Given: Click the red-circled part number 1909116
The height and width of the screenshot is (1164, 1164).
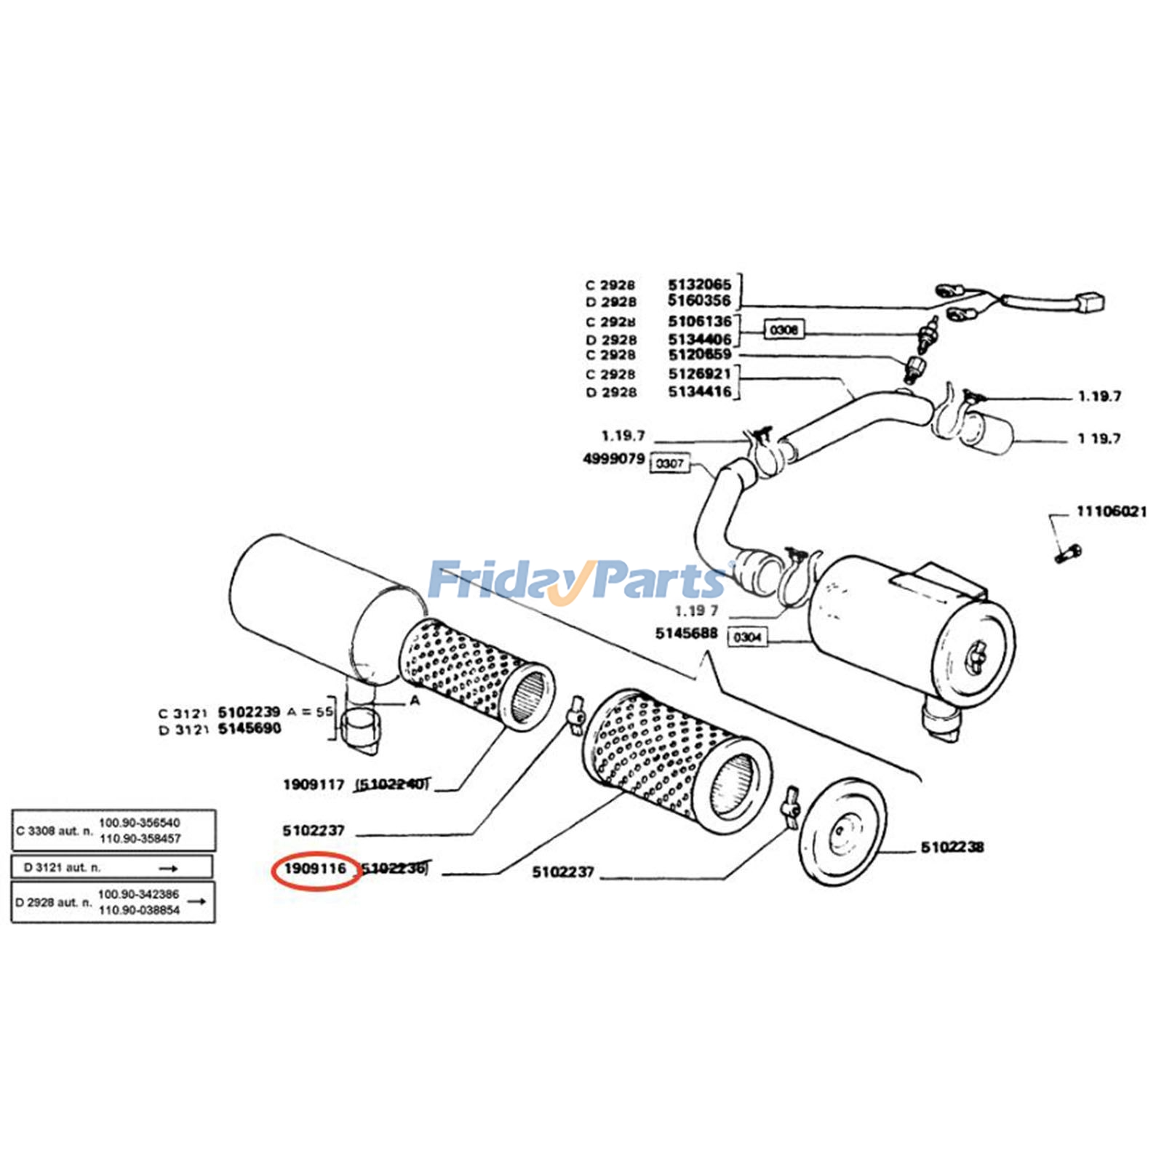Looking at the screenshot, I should pyautogui.click(x=315, y=869).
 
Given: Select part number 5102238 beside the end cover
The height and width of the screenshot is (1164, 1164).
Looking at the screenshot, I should pyautogui.click(x=952, y=847).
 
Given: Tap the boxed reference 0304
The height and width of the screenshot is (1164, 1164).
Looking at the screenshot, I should pyautogui.click(x=747, y=637).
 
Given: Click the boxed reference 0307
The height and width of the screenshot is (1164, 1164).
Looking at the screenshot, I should pyautogui.click(x=669, y=463).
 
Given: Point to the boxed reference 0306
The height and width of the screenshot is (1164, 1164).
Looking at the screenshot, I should pyautogui.click(x=784, y=330).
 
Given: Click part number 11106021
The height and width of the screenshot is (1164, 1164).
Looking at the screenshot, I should pyautogui.click(x=1111, y=511).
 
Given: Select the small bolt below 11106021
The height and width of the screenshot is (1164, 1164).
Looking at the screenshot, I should pyautogui.click(x=1067, y=553).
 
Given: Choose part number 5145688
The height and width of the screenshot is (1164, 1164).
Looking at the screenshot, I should pyautogui.click(x=686, y=633).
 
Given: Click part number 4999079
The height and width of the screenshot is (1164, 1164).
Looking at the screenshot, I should pyautogui.click(x=613, y=459).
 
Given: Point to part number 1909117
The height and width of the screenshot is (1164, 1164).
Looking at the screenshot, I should pyautogui.click(x=314, y=784).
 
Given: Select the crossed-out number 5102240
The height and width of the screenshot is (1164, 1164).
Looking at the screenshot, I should pyautogui.click(x=392, y=784).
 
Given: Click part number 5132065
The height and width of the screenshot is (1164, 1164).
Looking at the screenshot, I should pyautogui.click(x=699, y=284).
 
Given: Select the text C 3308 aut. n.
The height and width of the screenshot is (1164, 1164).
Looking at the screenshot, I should pyautogui.click(x=55, y=830).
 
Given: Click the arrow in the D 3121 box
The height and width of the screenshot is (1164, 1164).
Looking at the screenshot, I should pyautogui.click(x=169, y=868).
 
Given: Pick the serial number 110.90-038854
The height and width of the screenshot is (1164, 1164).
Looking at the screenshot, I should pyautogui.click(x=138, y=910).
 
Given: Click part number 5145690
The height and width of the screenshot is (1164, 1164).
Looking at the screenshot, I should pyautogui.click(x=250, y=728).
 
